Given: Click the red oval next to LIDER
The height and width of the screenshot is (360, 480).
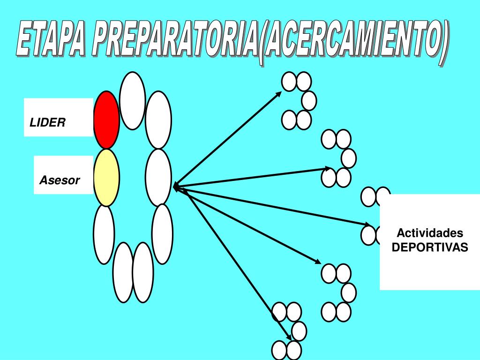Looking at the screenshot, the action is (x=106, y=120).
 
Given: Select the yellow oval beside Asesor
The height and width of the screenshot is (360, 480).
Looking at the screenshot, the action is (x=106, y=177).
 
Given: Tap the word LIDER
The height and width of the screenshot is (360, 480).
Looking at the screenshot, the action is (x=47, y=123).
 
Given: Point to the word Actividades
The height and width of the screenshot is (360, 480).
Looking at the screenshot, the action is (x=430, y=233).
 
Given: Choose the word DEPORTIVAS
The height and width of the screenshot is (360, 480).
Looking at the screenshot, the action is (x=430, y=247).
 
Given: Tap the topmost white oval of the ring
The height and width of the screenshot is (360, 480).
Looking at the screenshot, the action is (x=132, y=100).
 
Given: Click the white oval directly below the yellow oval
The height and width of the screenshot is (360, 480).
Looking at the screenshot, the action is (x=104, y=234).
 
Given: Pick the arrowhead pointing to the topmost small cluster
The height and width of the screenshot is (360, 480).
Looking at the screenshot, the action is (x=279, y=94).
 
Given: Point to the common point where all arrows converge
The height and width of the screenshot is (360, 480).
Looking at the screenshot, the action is (x=174, y=187).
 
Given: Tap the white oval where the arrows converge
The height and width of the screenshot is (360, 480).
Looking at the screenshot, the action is (x=158, y=177).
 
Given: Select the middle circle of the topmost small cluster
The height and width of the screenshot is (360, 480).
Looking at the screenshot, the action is (x=308, y=100).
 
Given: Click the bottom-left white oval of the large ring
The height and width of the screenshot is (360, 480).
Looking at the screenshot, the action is (x=124, y=272).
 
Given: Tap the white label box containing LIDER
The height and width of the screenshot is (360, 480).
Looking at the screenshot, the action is (x=58, y=117).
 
